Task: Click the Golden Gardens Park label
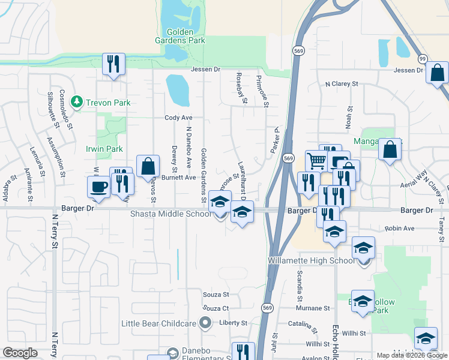click(x=185, y=35)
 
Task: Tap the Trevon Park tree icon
click(x=76, y=103)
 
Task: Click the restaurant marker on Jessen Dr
click(x=113, y=64)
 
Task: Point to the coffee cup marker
click(x=98, y=185)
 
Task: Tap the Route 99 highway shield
click(x=423, y=58)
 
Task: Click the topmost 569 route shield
click(x=297, y=52)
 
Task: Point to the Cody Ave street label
click(x=178, y=118)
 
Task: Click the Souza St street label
click(x=216, y=295)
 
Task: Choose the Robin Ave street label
click(x=400, y=229)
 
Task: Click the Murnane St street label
click(x=313, y=308)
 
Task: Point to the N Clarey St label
click(x=341, y=85)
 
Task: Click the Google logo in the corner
click(x=20, y=353)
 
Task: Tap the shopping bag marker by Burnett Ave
click(x=148, y=166)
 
